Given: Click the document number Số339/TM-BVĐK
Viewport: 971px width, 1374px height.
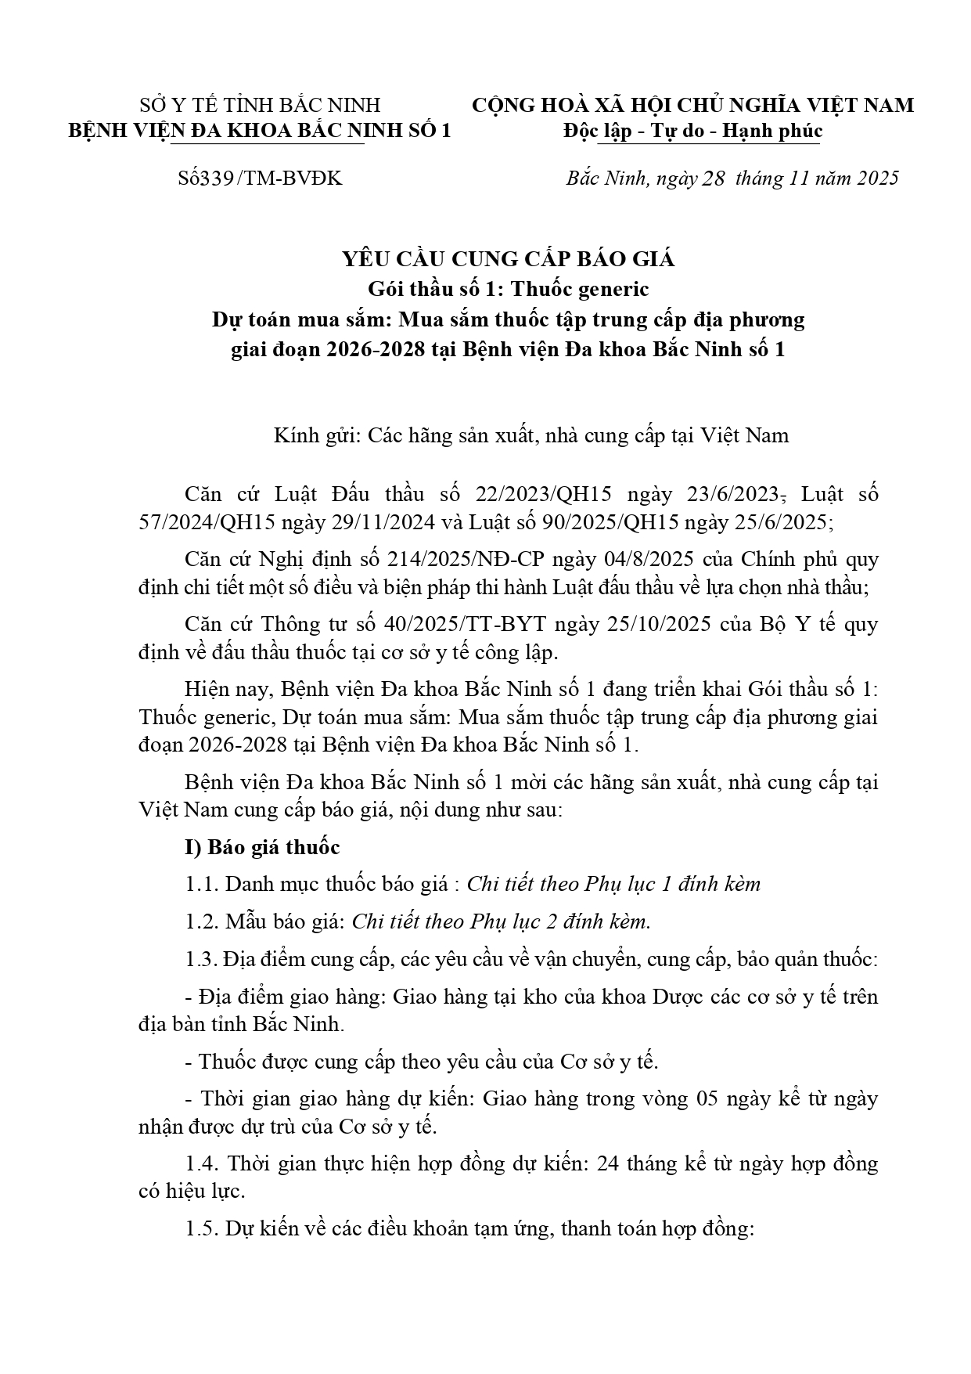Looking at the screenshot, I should click(x=260, y=179).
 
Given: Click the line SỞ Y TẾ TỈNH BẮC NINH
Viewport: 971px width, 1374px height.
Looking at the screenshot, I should click(x=260, y=105).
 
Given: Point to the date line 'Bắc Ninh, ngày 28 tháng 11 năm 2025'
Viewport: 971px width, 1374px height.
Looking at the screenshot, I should click(x=732, y=179).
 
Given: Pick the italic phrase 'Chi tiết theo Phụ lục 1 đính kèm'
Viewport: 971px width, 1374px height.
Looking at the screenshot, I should click(x=613, y=884).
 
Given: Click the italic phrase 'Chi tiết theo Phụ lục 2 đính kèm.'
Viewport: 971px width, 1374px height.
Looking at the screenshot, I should click(x=502, y=921).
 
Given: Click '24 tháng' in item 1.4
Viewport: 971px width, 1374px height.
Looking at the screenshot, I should click(x=637, y=1163).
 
